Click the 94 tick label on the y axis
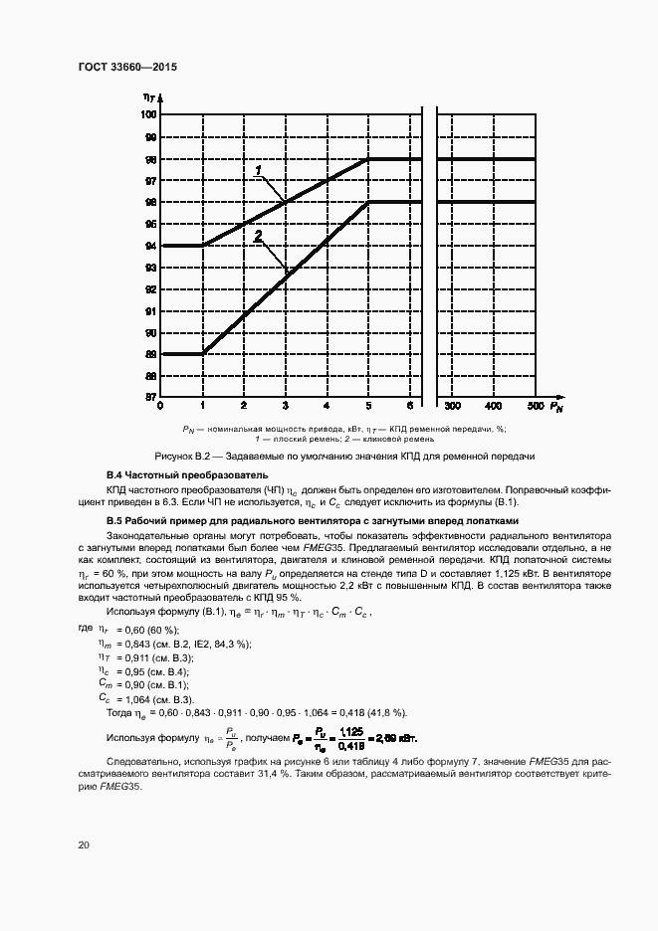pos(150,246)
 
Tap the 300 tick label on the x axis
pos(451,407)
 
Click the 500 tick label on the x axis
pos(535,407)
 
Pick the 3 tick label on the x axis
pos(285,407)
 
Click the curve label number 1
pos(259,170)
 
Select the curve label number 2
pos(258,236)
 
